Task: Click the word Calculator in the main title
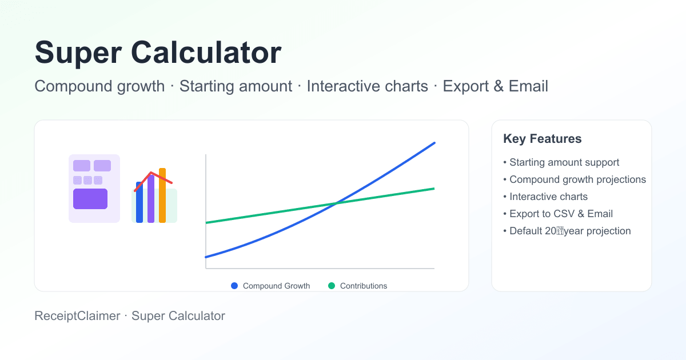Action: click(x=207, y=53)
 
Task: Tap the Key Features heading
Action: click(x=542, y=139)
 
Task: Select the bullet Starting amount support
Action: click(x=564, y=162)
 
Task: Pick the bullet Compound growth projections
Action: click(x=577, y=179)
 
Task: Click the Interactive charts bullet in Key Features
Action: click(x=548, y=197)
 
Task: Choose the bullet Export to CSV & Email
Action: click(x=560, y=214)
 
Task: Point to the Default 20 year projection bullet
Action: click(x=569, y=231)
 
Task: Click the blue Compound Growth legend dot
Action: click(x=234, y=286)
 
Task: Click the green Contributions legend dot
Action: click(x=332, y=286)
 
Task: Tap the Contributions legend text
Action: click(x=363, y=286)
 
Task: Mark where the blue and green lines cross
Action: click(x=337, y=203)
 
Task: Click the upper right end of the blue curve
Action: click(x=433, y=143)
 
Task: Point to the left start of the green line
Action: click(x=207, y=222)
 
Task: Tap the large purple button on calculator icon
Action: click(x=90, y=199)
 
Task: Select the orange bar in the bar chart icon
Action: click(x=162, y=195)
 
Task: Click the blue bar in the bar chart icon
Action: click(x=139, y=203)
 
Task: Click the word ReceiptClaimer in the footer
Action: click(x=77, y=316)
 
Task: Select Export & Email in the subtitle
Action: click(x=495, y=86)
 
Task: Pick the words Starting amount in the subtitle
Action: click(x=236, y=86)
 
